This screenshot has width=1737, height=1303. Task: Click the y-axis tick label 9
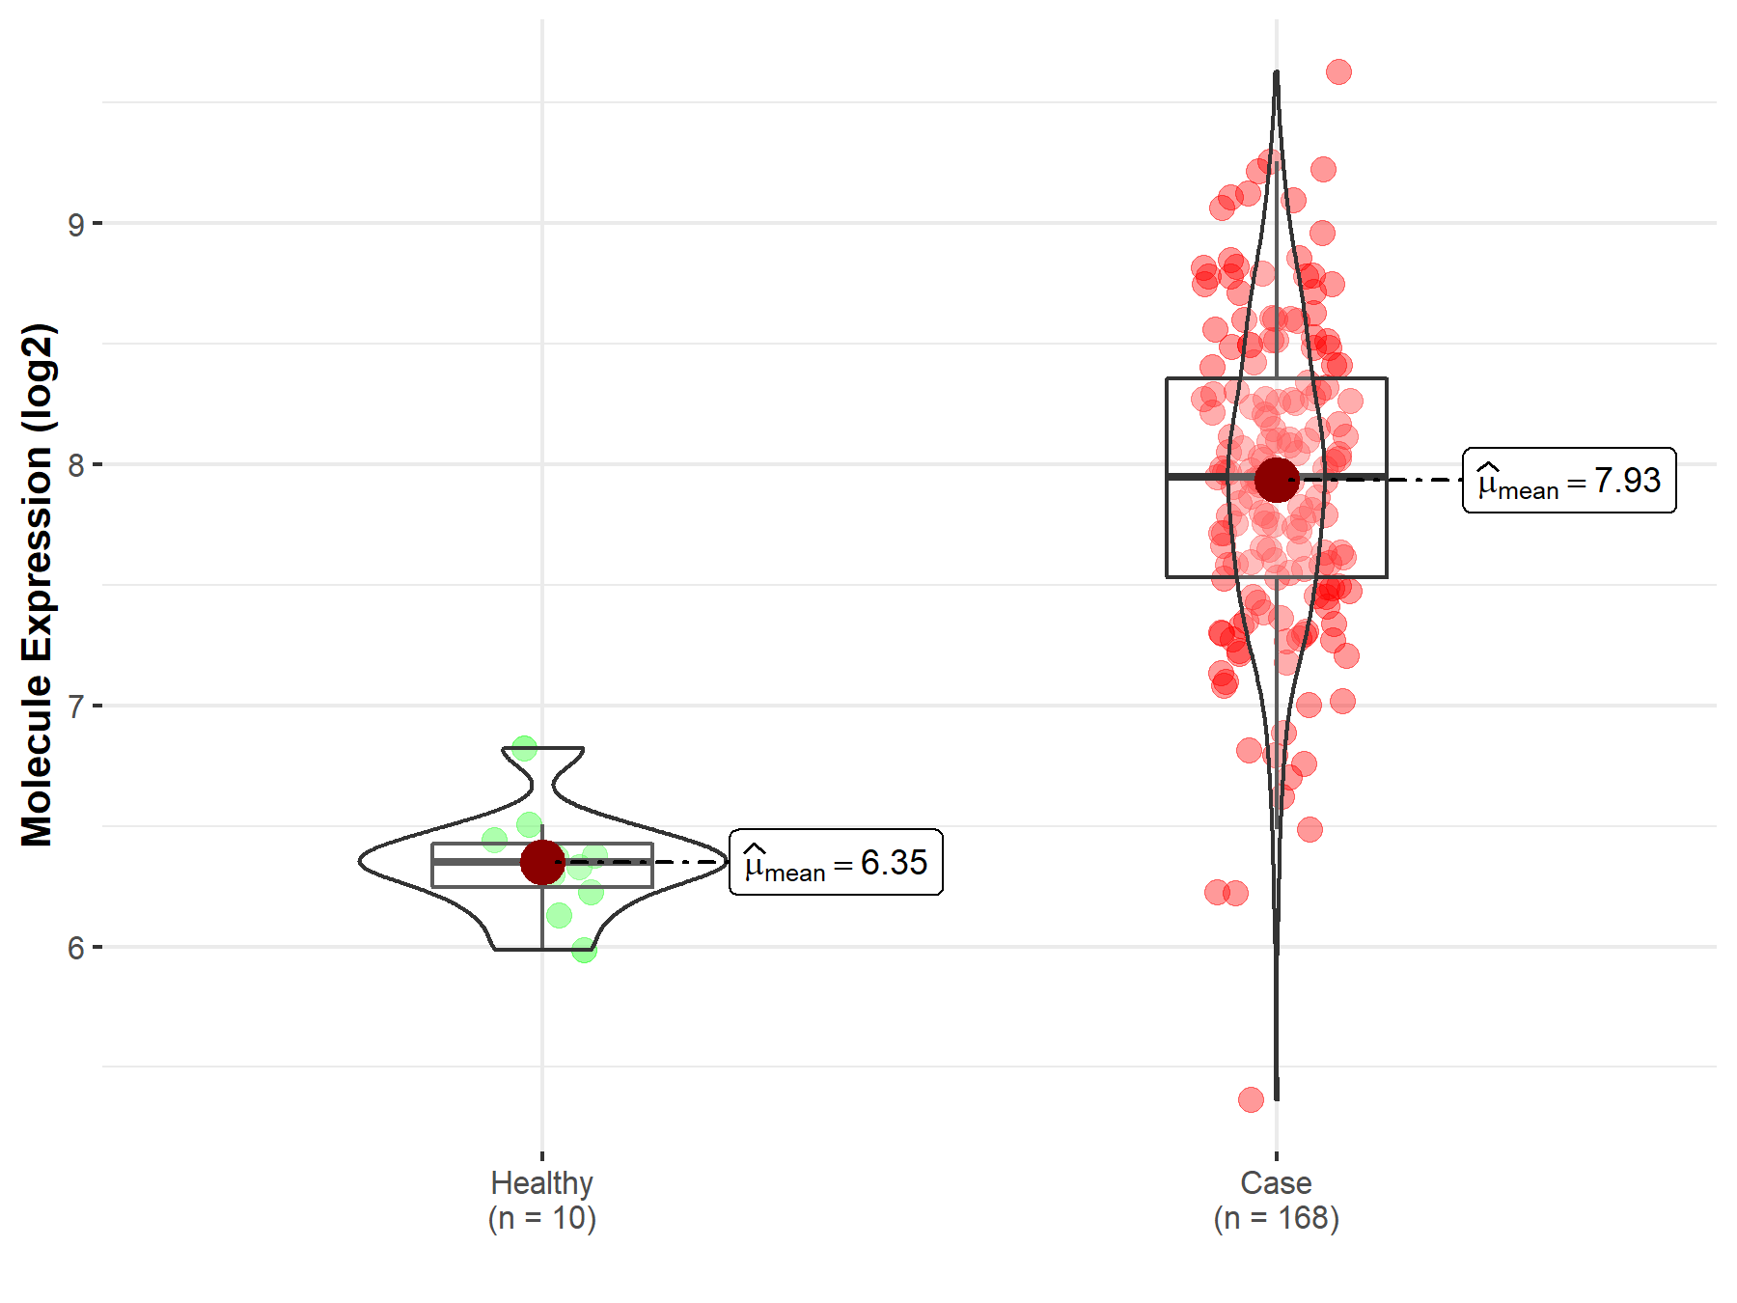point(75,225)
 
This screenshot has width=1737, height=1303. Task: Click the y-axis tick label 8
point(75,466)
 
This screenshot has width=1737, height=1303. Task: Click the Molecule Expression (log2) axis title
point(37,585)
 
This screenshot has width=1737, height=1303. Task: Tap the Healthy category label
point(541,1183)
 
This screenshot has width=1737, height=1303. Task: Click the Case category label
point(1276,1183)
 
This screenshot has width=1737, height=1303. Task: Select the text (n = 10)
point(541,1218)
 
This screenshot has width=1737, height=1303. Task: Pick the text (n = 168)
point(1276,1218)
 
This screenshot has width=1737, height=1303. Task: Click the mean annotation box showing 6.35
point(836,862)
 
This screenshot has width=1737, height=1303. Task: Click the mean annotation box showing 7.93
point(1569,480)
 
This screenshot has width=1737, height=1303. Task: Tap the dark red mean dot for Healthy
point(542,862)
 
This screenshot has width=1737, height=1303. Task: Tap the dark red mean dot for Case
point(1277,480)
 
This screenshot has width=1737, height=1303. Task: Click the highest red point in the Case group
point(1338,71)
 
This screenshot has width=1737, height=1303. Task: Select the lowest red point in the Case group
point(1251,1099)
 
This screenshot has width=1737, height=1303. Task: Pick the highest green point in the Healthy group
point(524,748)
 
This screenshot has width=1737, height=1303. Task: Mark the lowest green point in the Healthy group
point(584,951)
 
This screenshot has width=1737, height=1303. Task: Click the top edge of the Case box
point(1277,378)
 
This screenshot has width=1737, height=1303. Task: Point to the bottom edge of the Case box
point(1277,577)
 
